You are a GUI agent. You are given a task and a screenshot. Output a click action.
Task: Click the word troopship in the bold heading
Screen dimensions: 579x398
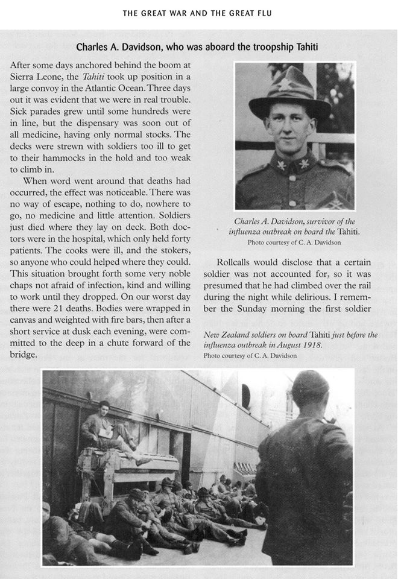tap(253, 46)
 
